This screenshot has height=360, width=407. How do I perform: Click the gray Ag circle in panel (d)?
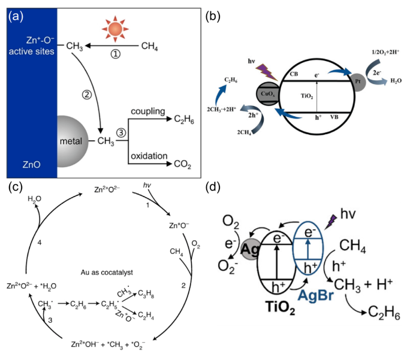250,247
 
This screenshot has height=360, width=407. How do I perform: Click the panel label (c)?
17,187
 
